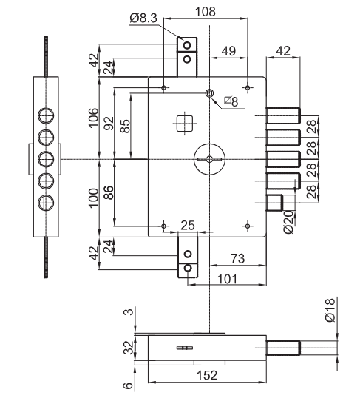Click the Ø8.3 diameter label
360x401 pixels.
[143, 18]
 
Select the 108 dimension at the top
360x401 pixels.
[206, 12]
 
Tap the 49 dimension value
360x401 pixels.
[228, 51]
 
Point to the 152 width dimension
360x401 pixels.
[207, 375]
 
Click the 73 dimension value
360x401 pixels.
[237, 258]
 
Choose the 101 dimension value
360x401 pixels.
[227, 279]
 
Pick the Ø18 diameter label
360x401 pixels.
[330, 310]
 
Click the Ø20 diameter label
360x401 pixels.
[289, 222]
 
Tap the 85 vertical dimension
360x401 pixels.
[125, 126]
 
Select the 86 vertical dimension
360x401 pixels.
[109, 192]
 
